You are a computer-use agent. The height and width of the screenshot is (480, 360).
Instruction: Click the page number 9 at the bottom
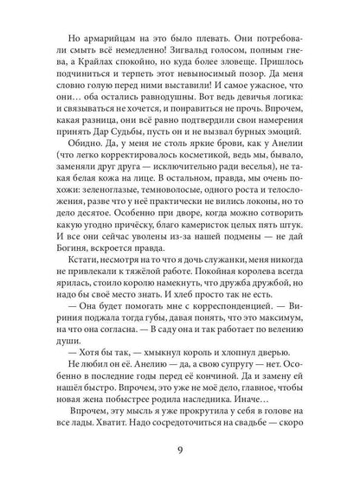coord(180,452)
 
